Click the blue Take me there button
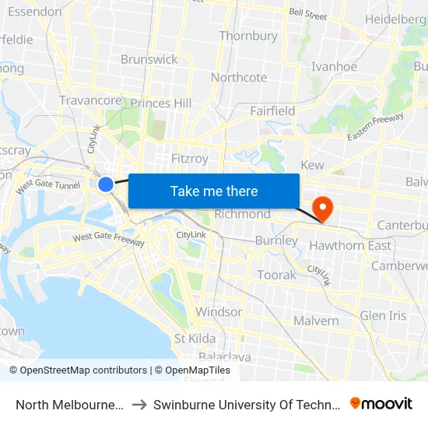pyautogui.click(x=214, y=191)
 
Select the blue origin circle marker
pyautogui.click(x=106, y=184)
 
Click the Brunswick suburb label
pyautogui.click(x=149, y=59)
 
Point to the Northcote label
pyautogui.click(x=239, y=77)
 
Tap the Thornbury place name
pyautogui.click(x=248, y=36)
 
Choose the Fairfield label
pyautogui.click(x=272, y=111)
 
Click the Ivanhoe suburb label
pyautogui.click(x=334, y=66)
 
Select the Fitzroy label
pyautogui.click(x=190, y=158)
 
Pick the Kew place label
pyautogui.click(x=312, y=165)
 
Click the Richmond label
pyautogui.click(x=242, y=214)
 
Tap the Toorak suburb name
pyautogui.click(x=276, y=275)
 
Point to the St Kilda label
pyautogui.click(x=195, y=338)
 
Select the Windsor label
pyautogui.click(x=219, y=311)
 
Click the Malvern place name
pyautogui.click(x=316, y=321)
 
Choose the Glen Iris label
pyautogui.click(x=383, y=315)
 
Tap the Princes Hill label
pyautogui.click(x=161, y=103)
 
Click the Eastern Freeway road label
pyautogui.click(x=376, y=127)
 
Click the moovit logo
pyautogui.click(x=381, y=403)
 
